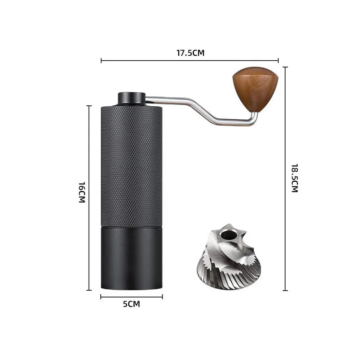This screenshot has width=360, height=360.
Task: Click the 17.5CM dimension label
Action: [190, 53]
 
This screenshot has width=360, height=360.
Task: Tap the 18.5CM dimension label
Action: [295, 178]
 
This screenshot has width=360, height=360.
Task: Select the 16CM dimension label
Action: [82, 193]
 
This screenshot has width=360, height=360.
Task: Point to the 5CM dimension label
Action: [131, 304]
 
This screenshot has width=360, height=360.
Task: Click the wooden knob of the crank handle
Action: [255, 88]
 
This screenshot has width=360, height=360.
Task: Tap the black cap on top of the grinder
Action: [132, 99]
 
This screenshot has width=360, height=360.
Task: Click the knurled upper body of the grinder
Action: [131, 166]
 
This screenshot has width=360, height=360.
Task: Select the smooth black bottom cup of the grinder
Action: [131, 258]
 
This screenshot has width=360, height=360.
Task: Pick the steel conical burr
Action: [229, 256]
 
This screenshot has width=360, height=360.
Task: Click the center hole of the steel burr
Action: [228, 235]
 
